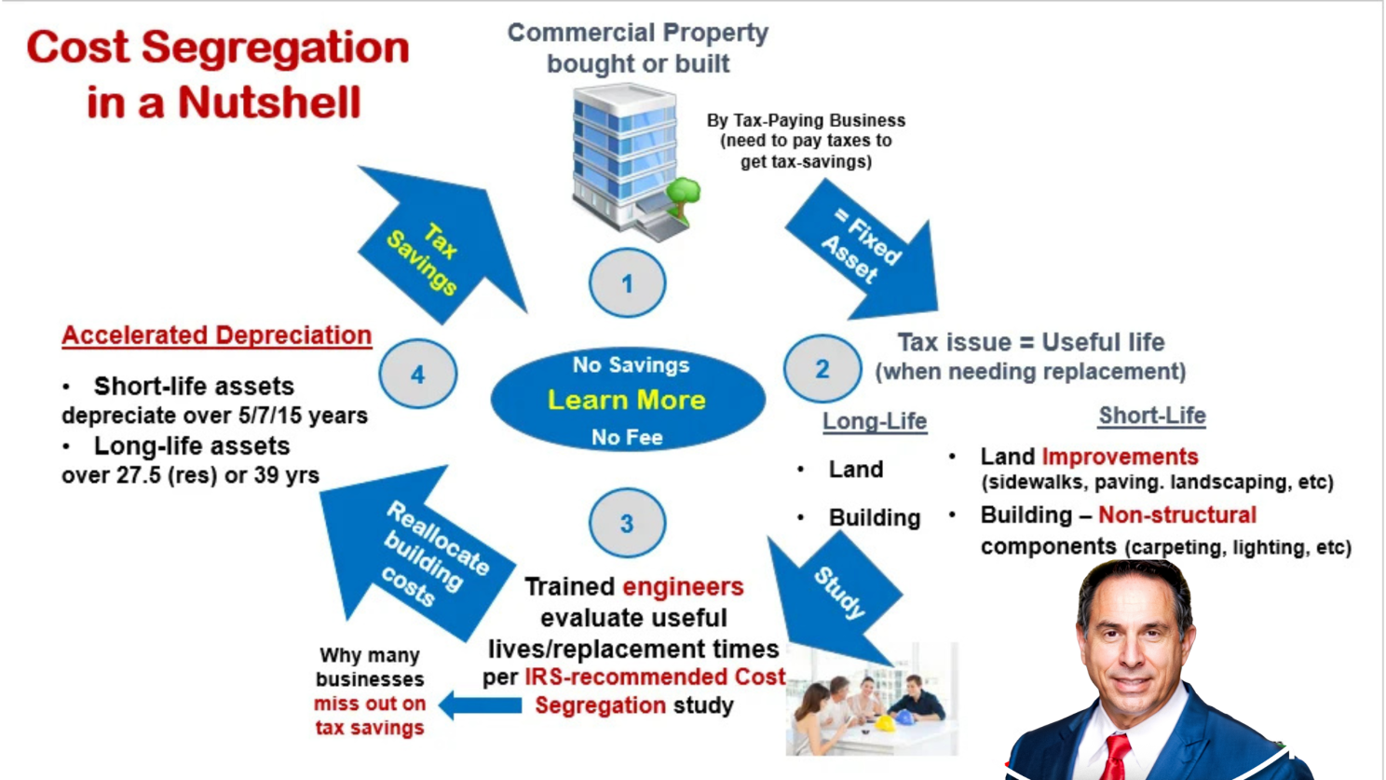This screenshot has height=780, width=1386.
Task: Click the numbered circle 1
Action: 628,283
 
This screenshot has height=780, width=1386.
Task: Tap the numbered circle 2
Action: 822,369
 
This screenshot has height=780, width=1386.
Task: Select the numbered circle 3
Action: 628,523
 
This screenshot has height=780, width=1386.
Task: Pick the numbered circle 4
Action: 418,374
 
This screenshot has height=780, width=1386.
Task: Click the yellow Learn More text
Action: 627,400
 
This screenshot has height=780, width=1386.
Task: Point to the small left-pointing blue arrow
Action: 480,705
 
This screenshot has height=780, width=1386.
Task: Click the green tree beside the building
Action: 683,197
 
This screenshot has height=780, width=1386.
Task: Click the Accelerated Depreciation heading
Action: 216,335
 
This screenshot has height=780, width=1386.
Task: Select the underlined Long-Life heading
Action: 875,421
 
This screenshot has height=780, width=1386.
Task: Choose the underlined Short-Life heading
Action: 1152,416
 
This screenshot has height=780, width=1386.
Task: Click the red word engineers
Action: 683,587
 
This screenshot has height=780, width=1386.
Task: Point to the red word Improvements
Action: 1120,457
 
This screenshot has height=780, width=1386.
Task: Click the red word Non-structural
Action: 1176,515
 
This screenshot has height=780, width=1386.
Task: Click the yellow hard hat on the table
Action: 884,722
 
